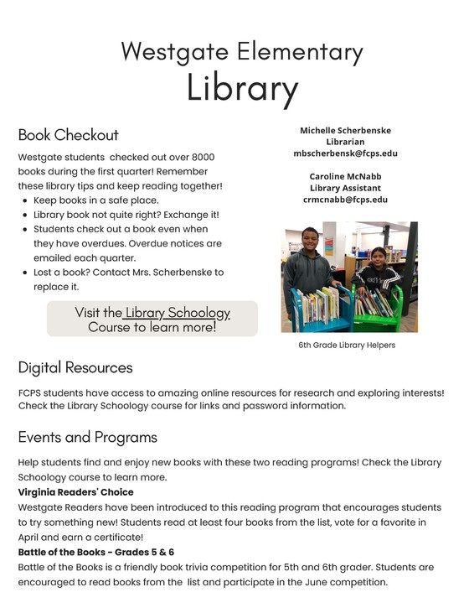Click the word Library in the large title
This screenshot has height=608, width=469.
(242, 87)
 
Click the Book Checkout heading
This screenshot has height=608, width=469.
(69, 135)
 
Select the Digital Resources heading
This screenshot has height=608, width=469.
(75, 367)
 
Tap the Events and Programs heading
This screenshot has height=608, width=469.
(88, 437)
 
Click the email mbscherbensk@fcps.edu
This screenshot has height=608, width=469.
(345, 154)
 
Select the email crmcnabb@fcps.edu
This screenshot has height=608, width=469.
(345, 200)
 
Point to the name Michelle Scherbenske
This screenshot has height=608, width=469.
(345, 131)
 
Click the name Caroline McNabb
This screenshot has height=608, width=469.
(345, 177)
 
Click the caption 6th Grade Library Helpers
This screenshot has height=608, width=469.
(347, 346)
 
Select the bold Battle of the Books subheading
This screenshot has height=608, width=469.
(96, 552)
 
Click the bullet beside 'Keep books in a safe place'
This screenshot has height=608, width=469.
(25, 200)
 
